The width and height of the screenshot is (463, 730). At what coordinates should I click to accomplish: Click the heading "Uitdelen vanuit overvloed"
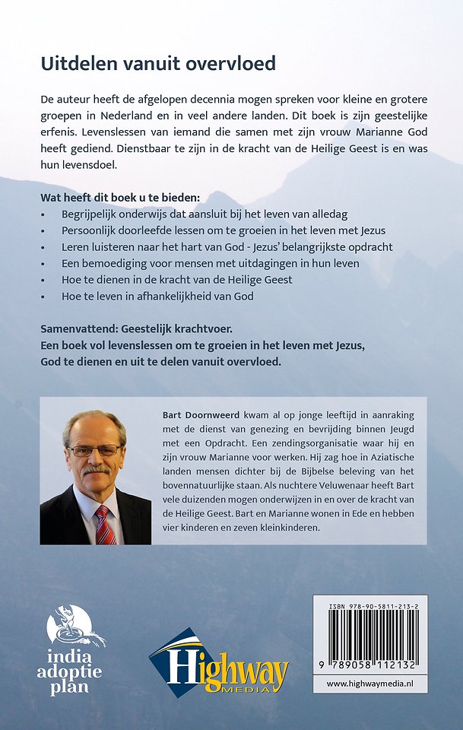(158, 64)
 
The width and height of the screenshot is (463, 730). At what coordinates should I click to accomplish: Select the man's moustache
(97, 471)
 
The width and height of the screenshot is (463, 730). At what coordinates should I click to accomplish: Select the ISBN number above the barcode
(370, 606)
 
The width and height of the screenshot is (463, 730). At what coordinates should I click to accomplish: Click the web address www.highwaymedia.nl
(370, 684)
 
